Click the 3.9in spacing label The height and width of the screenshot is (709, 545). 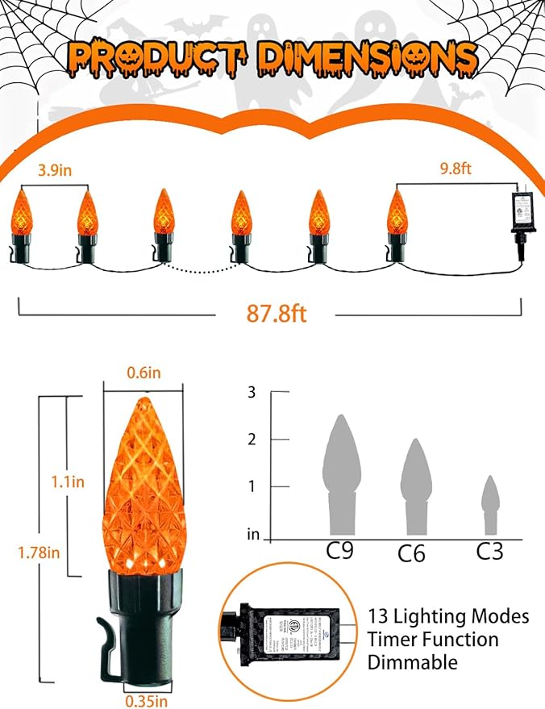[x=56, y=170]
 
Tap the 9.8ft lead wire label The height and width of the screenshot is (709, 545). [x=451, y=170]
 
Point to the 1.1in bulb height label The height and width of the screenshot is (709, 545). [x=66, y=482]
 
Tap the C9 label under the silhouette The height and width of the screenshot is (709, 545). [x=339, y=551]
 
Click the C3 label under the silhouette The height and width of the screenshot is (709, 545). [x=489, y=552]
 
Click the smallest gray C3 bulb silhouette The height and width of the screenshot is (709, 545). [x=490, y=504]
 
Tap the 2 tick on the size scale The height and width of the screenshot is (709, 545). [x=252, y=440]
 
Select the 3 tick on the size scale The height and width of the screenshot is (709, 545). [x=252, y=393]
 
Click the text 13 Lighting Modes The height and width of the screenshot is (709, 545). [x=448, y=617]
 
